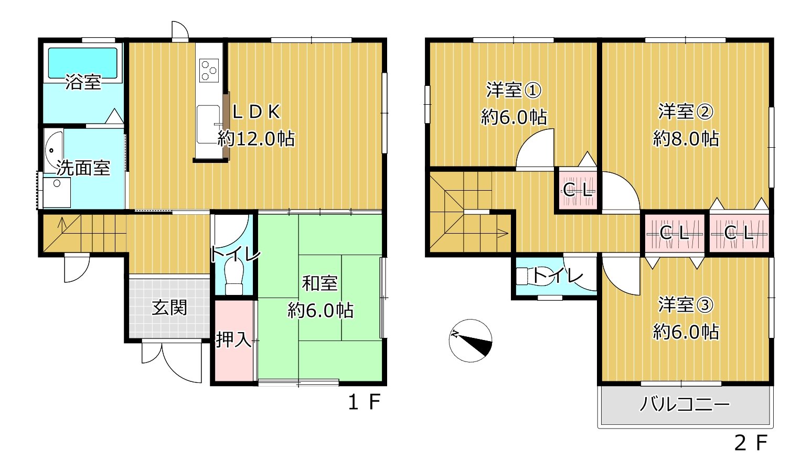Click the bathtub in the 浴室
[x=83, y=63]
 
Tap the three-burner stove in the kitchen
[x=209, y=70]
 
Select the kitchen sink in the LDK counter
[x=208, y=124]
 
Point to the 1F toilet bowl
[x=234, y=278]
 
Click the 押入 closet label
[x=233, y=339]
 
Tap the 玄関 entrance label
[x=169, y=308]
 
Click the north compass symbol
[x=471, y=340]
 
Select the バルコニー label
[x=685, y=404]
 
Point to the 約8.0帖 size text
[x=686, y=138]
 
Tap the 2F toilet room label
[x=558, y=276]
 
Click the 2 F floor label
[x=751, y=443]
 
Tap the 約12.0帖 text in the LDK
[x=257, y=138]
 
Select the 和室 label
[x=320, y=283]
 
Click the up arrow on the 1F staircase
[x=62, y=225]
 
